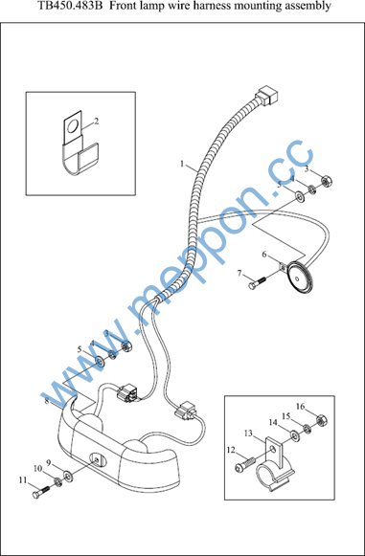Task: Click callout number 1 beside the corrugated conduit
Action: (x=182, y=164)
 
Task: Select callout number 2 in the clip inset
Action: (x=96, y=121)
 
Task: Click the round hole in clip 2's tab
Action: (x=74, y=126)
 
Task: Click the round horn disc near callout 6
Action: (x=301, y=276)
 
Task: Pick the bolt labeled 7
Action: (x=257, y=283)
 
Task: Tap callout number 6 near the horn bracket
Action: (x=263, y=255)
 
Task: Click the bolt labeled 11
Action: (x=41, y=491)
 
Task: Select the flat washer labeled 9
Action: (x=68, y=476)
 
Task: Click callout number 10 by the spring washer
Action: (x=37, y=468)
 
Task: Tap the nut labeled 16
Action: (x=322, y=420)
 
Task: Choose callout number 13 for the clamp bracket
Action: (x=248, y=433)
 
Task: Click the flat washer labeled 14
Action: (x=294, y=434)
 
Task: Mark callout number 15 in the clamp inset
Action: (x=286, y=416)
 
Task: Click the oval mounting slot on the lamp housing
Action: (x=97, y=460)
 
